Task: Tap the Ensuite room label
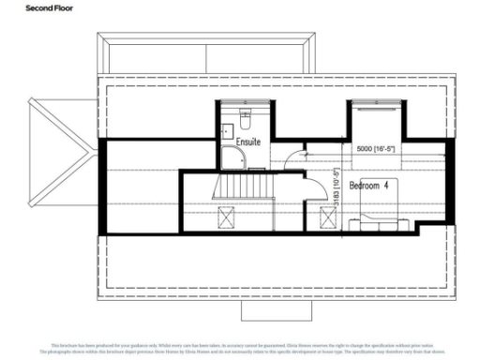pos(247,142)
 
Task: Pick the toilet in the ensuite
pos(245,119)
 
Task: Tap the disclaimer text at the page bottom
pos(240,350)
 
